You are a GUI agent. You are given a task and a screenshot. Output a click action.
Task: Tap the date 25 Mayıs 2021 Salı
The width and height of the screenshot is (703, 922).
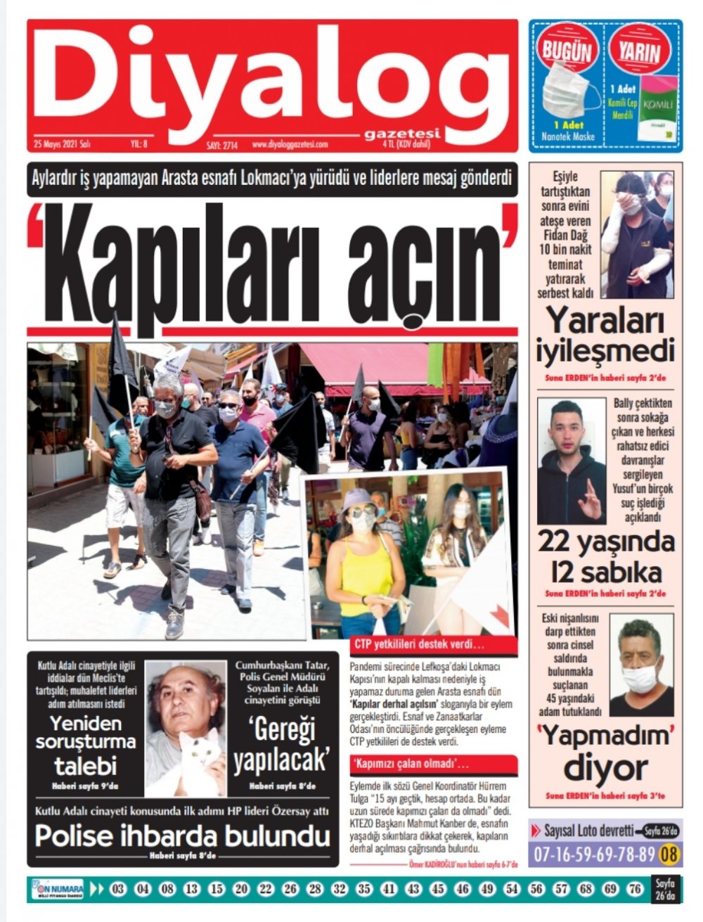click(63, 144)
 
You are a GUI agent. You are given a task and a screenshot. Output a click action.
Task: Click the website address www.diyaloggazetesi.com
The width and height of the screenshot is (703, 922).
click(290, 145)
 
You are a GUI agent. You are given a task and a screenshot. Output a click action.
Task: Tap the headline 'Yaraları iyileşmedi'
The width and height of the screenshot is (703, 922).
click(605, 335)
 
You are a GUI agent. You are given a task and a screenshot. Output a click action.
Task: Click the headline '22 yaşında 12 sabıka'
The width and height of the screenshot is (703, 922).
click(606, 556)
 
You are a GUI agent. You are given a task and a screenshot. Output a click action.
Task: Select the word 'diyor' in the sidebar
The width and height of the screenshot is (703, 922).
click(605, 769)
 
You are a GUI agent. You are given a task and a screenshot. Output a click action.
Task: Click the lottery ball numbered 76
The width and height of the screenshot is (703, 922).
click(634, 890)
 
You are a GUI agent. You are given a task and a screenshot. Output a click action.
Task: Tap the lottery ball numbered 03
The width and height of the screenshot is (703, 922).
click(118, 890)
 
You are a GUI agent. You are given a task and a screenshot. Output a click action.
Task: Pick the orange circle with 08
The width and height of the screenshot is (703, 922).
click(671, 854)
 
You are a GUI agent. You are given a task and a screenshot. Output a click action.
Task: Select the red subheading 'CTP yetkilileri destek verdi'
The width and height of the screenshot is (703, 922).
click(420, 644)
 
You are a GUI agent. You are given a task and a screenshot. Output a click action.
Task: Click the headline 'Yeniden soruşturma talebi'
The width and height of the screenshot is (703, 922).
click(86, 743)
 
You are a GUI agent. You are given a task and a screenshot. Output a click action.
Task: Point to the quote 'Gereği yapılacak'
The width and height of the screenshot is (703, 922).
click(281, 746)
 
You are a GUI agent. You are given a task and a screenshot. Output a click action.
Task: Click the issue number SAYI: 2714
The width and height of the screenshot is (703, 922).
click(222, 146)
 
